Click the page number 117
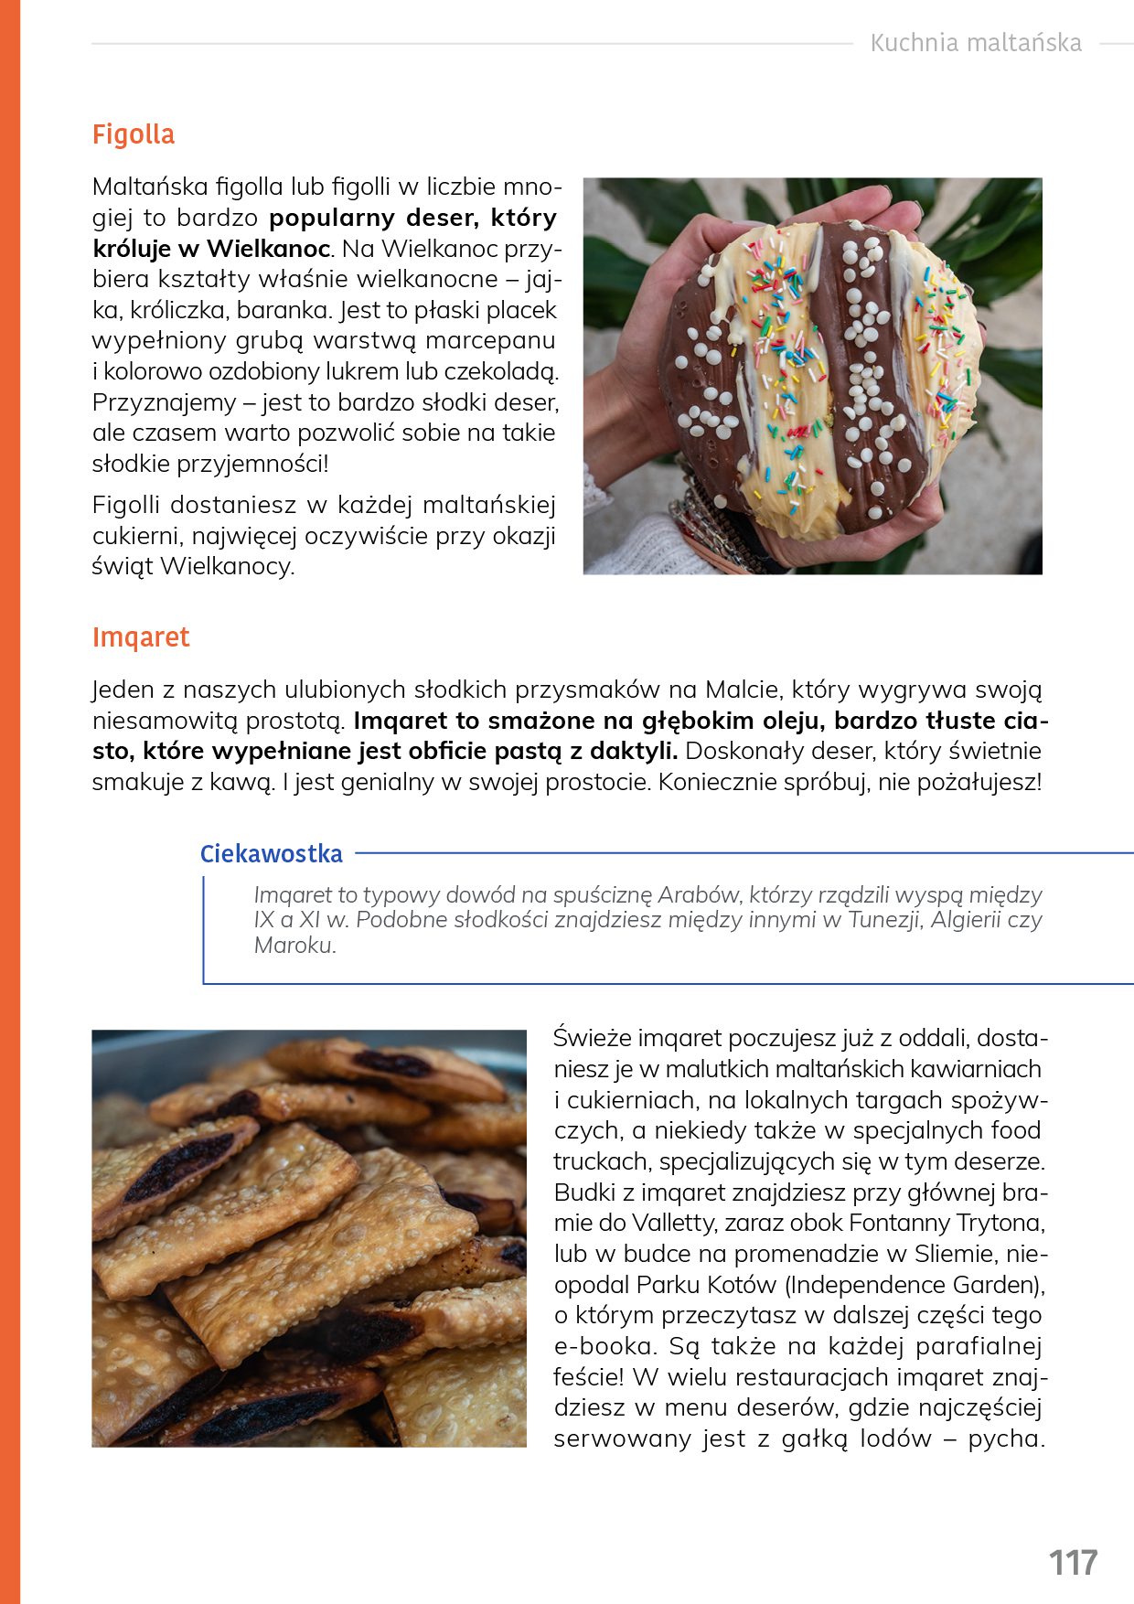pyautogui.click(x=1073, y=1563)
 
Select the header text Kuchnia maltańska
pyautogui.click(x=975, y=43)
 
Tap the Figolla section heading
pyautogui.click(x=134, y=134)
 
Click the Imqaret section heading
pyautogui.click(x=141, y=637)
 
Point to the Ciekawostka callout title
pyautogui.click(x=271, y=854)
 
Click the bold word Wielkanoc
pyautogui.click(x=268, y=249)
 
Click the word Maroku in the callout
pyautogui.click(x=294, y=946)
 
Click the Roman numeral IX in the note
pyautogui.click(x=264, y=920)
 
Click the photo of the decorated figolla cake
pyautogui.click(x=812, y=376)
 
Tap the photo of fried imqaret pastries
pyautogui.click(x=309, y=1238)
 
